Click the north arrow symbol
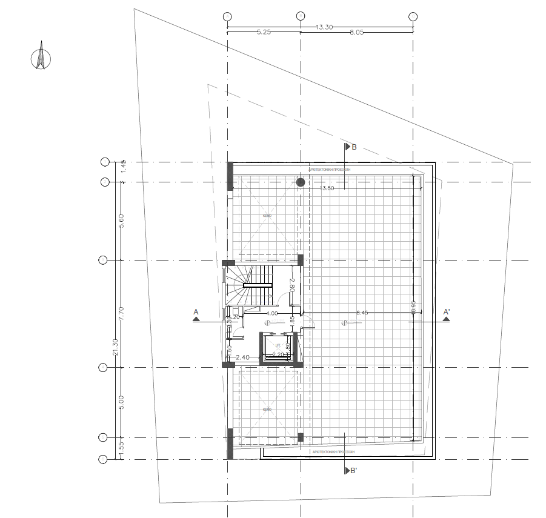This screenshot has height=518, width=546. pos(41,56)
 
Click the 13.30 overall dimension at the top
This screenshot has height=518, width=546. pos(324,27)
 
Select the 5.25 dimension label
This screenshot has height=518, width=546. pos(264,33)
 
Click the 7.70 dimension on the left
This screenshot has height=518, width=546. pos(121,314)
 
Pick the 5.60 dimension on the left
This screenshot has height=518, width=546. pos(121,221)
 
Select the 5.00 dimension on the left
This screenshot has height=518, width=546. pos(121,402)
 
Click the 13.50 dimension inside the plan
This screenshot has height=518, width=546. pos(327,188)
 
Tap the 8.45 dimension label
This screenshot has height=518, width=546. pos(362,313)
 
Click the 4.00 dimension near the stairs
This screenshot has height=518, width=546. pos(272,313)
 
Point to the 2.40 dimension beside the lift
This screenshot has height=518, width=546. pos(242,357)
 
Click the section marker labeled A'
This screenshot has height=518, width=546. pos(447,314)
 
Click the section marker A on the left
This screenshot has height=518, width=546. pos(196,314)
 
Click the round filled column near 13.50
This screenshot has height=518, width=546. pos(301,182)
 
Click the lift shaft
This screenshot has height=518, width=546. pos(276,350)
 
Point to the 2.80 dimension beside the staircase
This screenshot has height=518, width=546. pos(291,285)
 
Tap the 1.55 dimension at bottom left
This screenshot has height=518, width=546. pos(121,448)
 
